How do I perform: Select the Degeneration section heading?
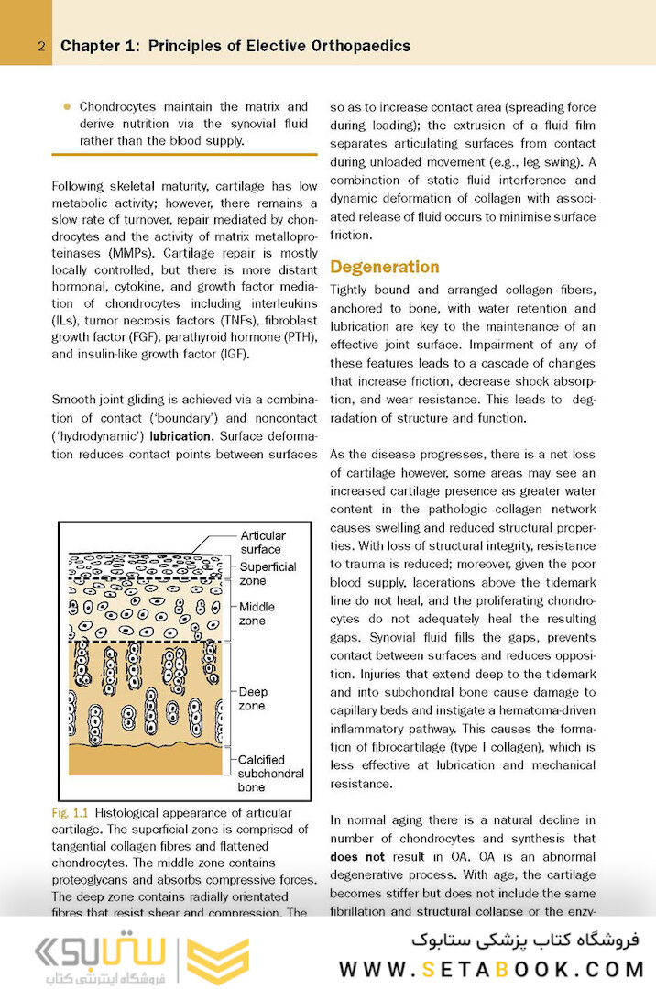(384, 267)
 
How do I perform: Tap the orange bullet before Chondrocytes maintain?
(66, 106)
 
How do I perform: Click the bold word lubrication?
(180, 436)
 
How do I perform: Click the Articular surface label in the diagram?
(263, 542)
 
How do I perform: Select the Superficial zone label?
(268, 574)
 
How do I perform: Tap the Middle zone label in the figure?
(257, 613)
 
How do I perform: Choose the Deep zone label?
(252, 698)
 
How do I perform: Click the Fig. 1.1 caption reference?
(71, 813)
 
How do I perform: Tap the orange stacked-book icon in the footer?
(217, 961)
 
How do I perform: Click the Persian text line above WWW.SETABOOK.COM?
(528, 940)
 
